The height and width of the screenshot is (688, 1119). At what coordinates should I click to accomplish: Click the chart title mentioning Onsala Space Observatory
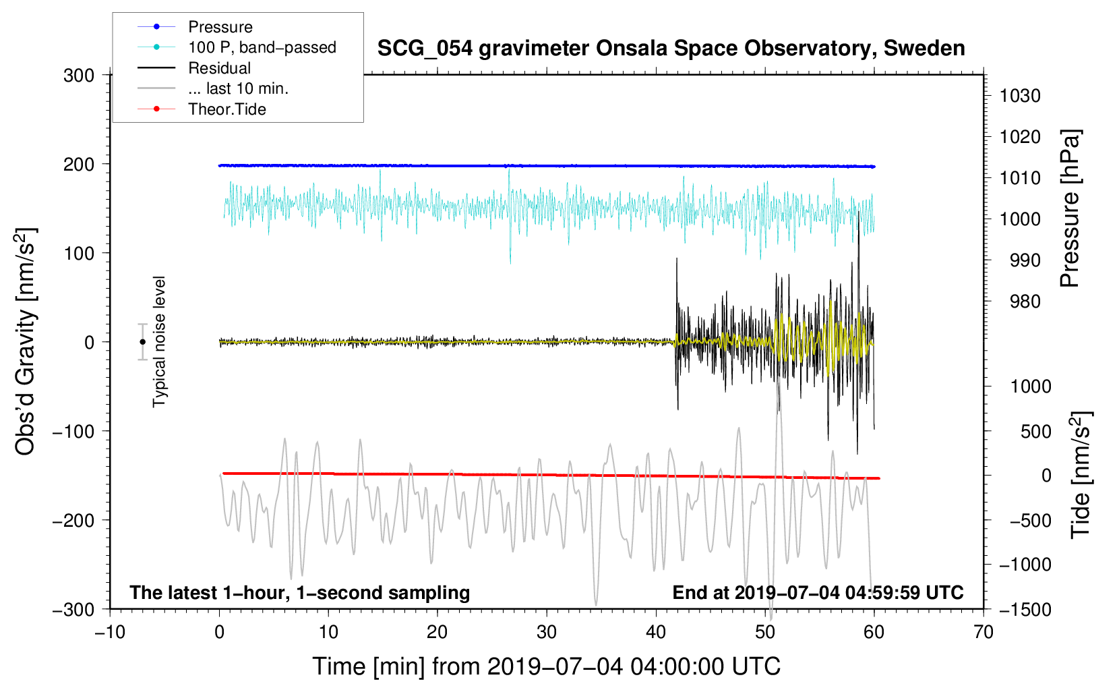point(671,49)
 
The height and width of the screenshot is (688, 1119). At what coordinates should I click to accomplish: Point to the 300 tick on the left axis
point(79,76)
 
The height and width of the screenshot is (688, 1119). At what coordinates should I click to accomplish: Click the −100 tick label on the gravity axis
point(73,431)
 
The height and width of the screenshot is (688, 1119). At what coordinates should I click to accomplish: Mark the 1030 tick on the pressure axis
point(1020,96)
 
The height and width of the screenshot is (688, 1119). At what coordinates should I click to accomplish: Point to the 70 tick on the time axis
point(983,633)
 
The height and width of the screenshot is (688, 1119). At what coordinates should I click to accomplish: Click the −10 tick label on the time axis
point(110,633)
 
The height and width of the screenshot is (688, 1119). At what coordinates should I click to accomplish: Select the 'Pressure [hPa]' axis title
point(1070,208)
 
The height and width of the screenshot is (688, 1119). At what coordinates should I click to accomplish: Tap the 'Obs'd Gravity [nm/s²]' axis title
point(26,341)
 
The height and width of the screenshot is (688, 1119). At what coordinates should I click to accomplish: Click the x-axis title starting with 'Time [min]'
point(547,666)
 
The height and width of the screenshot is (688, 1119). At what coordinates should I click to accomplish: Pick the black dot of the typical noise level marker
point(142,342)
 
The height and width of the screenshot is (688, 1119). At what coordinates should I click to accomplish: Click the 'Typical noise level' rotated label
point(159,342)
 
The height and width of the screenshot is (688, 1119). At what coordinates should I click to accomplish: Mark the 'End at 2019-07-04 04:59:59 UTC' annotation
point(818,592)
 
